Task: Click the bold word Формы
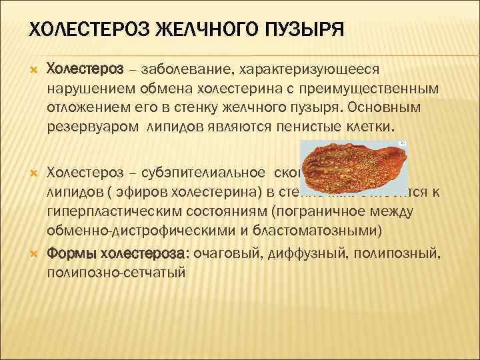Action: click(x=71, y=254)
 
